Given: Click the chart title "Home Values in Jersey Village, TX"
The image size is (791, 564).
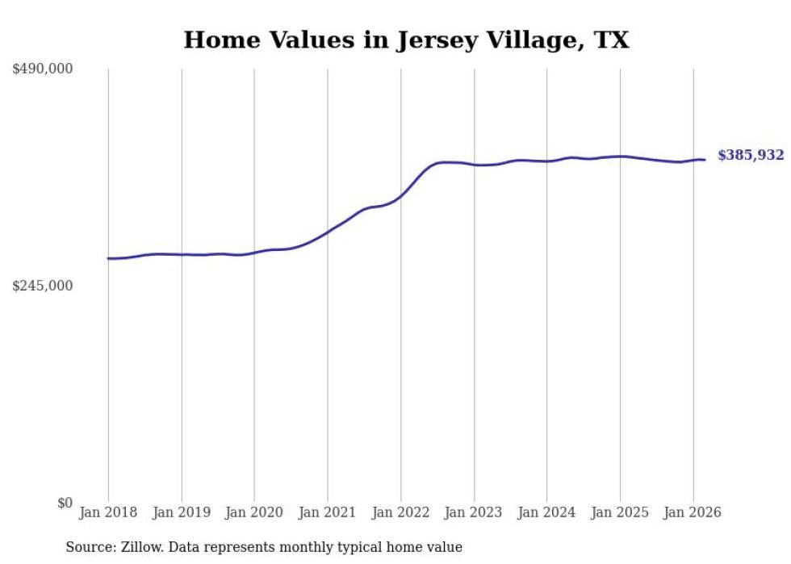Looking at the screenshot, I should [x=406, y=40].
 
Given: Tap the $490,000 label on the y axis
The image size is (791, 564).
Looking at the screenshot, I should [x=43, y=69].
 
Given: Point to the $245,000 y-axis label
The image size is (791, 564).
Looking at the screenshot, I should [x=43, y=286].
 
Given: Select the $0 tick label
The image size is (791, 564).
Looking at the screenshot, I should [x=65, y=503].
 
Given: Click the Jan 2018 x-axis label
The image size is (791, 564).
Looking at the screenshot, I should [x=108, y=512].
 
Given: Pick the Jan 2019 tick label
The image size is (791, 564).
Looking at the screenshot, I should [x=182, y=512].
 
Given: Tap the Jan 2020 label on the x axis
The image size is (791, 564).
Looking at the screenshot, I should [x=254, y=512].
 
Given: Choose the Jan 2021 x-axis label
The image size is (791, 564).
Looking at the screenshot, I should [x=328, y=512].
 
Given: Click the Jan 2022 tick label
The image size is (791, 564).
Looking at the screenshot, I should [x=400, y=512].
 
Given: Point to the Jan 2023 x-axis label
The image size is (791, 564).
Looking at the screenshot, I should [x=474, y=512].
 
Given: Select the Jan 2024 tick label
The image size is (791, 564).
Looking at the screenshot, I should [x=546, y=512].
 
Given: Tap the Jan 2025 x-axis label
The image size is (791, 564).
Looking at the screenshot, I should [x=620, y=512].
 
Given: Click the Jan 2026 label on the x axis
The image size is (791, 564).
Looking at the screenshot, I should [x=693, y=512].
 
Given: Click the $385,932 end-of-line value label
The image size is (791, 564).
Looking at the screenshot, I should [x=751, y=156].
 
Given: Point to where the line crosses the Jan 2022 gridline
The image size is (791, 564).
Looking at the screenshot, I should [x=400, y=195].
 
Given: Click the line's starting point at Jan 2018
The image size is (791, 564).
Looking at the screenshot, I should [x=108, y=258].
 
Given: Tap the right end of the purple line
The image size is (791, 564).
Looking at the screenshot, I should [x=705, y=160].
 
